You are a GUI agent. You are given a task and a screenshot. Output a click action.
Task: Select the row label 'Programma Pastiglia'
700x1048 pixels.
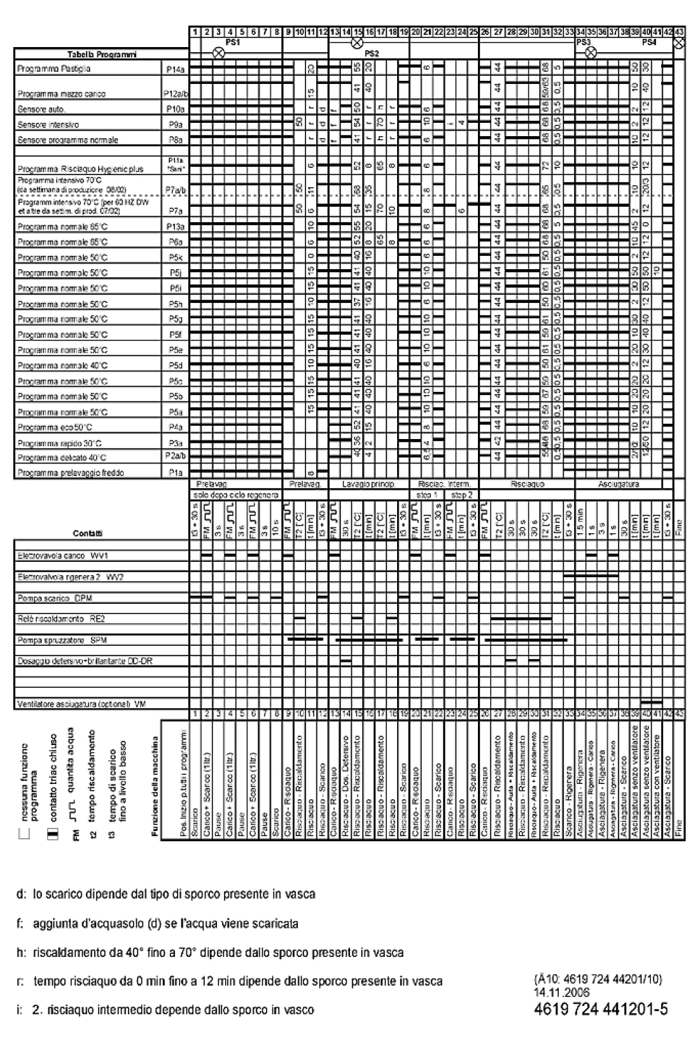[54, 69]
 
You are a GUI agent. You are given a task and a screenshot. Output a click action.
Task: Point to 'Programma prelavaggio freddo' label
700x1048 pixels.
[71, 473]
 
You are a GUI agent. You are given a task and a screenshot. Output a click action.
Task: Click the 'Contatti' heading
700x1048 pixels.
[88, 533]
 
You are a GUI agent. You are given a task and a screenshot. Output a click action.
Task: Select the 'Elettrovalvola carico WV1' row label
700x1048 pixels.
[64, 555]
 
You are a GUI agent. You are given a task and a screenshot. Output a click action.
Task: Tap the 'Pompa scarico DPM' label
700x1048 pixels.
[57, 599]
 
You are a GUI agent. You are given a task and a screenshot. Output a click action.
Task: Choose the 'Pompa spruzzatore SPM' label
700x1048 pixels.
[62, 639]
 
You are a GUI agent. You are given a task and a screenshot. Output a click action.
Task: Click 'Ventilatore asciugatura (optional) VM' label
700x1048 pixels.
[81, 704]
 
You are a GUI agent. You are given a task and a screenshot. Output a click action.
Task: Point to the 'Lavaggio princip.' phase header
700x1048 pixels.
[368, 484]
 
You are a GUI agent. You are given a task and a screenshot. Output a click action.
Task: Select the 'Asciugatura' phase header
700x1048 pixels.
[618, 484]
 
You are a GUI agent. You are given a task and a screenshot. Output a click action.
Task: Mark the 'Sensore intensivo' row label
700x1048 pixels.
[48, 125]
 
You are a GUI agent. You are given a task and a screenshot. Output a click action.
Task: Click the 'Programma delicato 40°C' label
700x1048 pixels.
[62, 458]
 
